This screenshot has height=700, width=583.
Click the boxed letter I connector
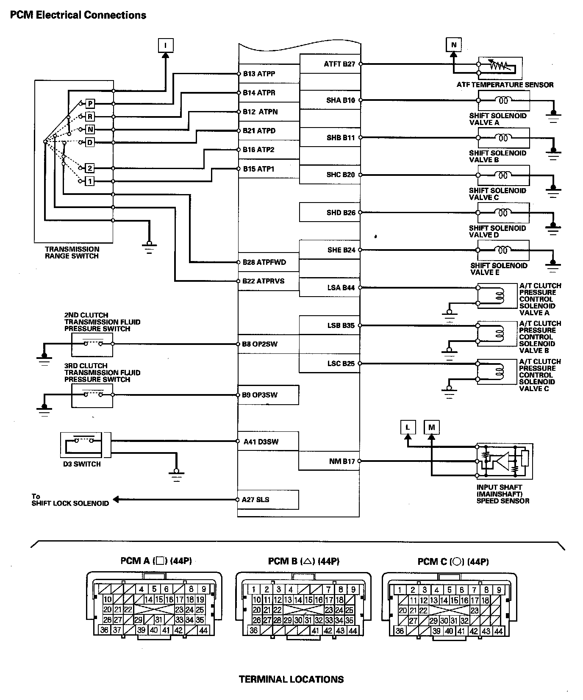pos(166,45)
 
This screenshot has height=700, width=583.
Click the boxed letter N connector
pos(454,44)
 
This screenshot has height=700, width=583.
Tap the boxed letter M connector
pos(431,427)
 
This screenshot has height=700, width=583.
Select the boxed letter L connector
pos(408,427)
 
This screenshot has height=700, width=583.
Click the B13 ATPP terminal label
pos(259,74)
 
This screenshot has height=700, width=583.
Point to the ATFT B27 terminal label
pos(339,64)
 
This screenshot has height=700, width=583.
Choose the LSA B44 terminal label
pos(341,288)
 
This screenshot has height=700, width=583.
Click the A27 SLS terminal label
pos(255,500)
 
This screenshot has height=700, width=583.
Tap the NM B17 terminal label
pos(341,461)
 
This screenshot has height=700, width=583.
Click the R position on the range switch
pos(90,117)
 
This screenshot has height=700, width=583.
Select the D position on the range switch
pos(90,143)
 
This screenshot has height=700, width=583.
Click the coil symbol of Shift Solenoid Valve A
pos(503,100)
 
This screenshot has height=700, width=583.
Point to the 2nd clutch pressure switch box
pos(92,344)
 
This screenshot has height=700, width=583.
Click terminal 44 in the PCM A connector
pos(203,631)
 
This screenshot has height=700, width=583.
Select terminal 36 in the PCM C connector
pos(400,631)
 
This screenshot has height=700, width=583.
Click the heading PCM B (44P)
pos(303,561)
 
